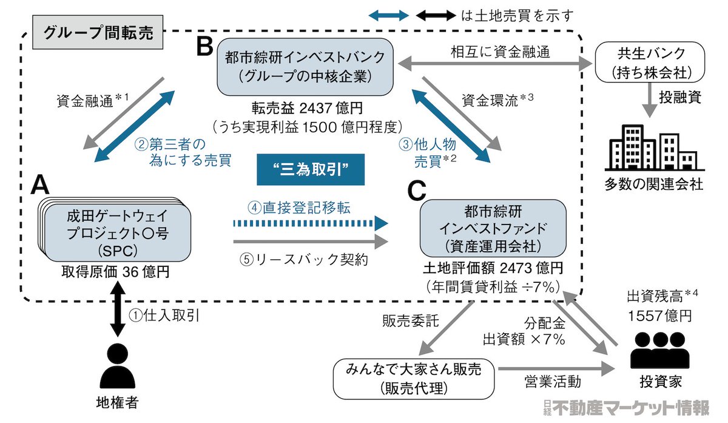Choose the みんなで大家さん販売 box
click(x=414, y=378)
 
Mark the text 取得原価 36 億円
click(x=114, y=271)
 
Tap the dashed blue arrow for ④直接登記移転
click(x=309, y=223)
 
